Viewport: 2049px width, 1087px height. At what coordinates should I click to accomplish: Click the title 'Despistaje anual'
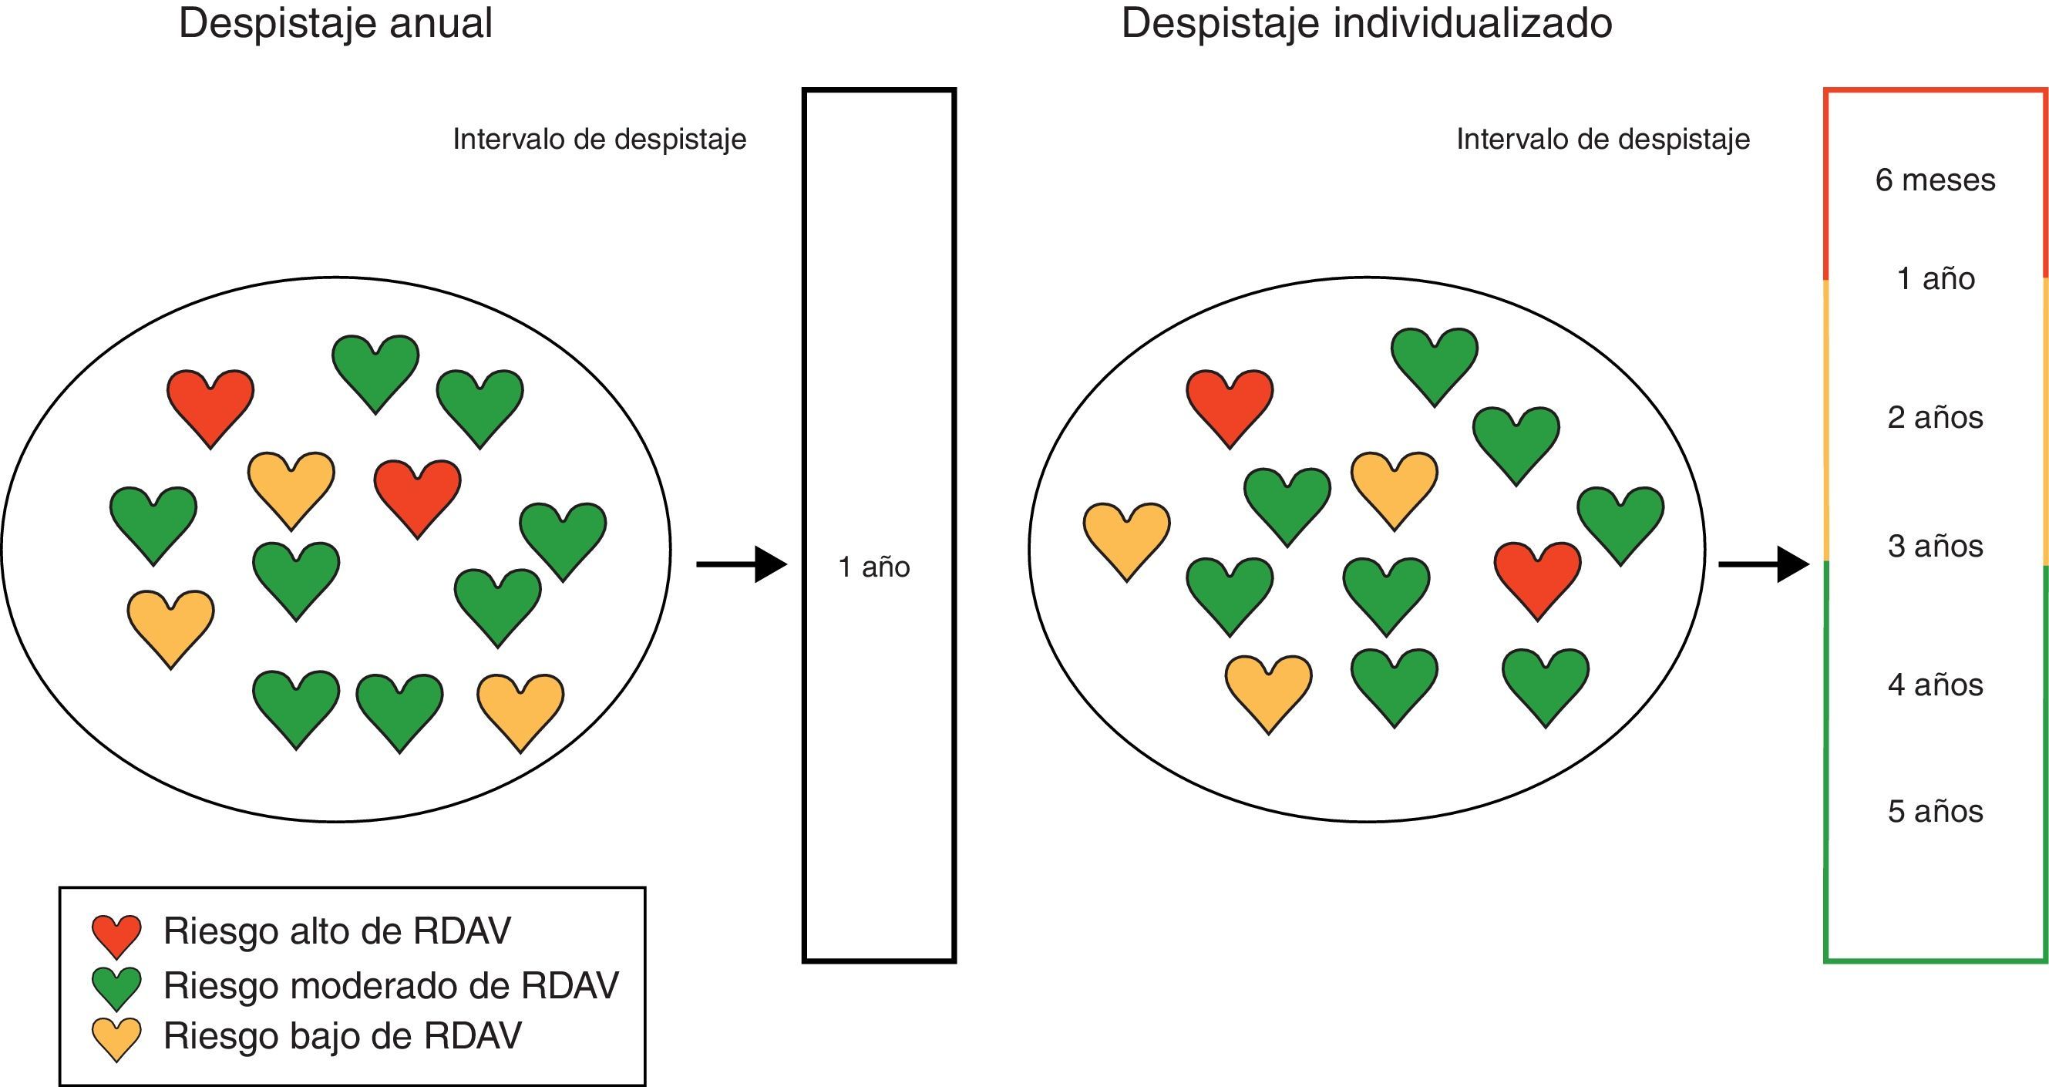335,24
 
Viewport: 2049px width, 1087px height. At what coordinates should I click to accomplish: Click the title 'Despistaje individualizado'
1367,24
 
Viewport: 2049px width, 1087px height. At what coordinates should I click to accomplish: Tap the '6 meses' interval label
1934,180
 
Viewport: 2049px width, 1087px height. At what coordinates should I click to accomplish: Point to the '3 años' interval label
1934,547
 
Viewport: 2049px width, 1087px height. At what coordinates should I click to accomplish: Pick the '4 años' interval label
1934,685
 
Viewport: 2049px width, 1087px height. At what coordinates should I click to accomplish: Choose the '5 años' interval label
1934,811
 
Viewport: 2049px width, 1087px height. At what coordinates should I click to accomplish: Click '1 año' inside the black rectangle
873,567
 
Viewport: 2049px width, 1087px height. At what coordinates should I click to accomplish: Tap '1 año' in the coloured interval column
1934,279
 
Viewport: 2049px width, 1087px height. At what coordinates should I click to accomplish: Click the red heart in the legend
117,934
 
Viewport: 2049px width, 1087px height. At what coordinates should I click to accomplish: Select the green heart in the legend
117,987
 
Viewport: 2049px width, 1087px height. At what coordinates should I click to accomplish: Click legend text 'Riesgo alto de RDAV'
336,931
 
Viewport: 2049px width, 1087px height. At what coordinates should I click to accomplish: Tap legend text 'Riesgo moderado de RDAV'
391,986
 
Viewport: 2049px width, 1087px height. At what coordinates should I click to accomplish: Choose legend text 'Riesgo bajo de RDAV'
342,1036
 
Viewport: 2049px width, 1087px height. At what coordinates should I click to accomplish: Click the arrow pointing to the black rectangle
742,564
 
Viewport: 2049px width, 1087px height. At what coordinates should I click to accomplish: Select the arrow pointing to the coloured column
1764,564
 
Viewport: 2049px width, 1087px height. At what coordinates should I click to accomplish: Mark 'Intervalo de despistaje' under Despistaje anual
599,140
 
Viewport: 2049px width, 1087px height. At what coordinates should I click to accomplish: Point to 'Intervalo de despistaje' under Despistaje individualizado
1603,140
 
